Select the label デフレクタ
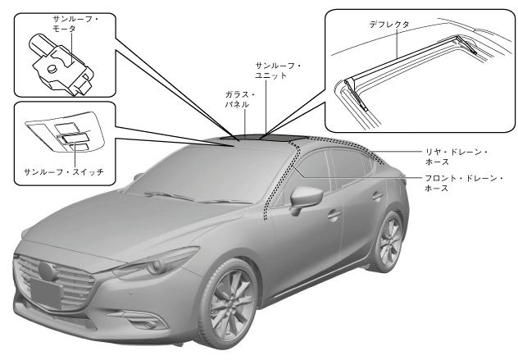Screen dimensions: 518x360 click(389, 25)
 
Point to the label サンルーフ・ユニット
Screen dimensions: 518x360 click(279, 70)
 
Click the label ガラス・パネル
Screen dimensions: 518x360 click(241, 101)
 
